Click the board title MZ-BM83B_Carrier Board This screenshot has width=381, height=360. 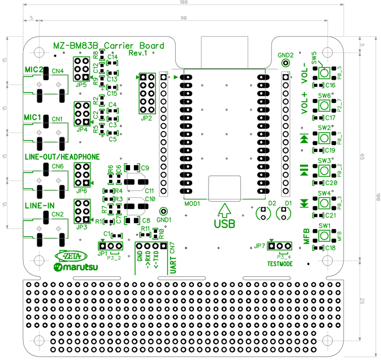click(109, 46)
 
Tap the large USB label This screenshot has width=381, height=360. click(224, 223)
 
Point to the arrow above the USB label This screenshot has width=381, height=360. click(224, 209)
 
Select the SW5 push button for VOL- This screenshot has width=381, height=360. click(324, 72)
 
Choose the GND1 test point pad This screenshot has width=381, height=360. click(163, 210)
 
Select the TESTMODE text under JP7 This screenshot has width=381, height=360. click(280, 263)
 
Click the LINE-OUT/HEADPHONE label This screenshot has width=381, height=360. click(62, 157)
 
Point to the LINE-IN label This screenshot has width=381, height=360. click(40, 206)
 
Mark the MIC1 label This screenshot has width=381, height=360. click(33, 117)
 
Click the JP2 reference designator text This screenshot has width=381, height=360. click(147, 119)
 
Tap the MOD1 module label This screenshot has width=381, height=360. click(192, 203)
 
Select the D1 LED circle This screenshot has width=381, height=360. click(283, 213)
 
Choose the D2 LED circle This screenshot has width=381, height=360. click(263, 213)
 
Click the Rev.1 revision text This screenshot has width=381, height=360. click(138, 53)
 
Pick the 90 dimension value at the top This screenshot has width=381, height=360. click(184, 18)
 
